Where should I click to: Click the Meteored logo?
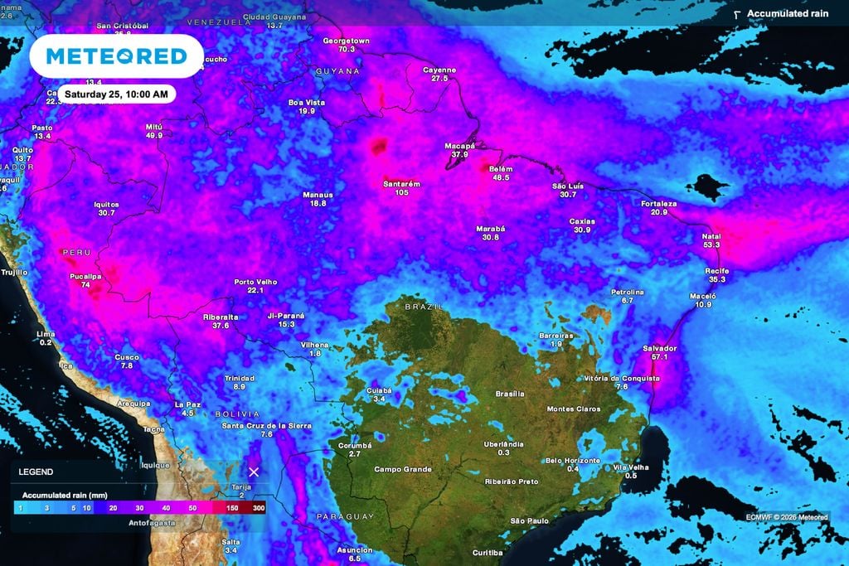[116, 56]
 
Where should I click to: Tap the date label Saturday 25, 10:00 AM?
[117, 94]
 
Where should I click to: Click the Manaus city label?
[318, 195]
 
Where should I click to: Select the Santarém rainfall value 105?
[401, 192]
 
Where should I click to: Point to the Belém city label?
[501, 169]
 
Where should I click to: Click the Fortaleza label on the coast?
[659, 203]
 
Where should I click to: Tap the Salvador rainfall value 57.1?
[660, 357]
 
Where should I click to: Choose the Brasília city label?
[511, 394]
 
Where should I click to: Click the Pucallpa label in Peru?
[85, 276]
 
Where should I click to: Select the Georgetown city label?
[346, 41]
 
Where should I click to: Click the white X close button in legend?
[255, 472]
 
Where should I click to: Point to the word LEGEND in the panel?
[36, 472]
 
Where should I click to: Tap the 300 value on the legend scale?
[259, 508]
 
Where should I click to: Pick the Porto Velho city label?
[255, 282]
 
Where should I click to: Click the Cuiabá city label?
[379, 390]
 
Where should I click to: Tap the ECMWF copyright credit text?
[786, 518]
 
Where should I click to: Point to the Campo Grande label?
[403, 469]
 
